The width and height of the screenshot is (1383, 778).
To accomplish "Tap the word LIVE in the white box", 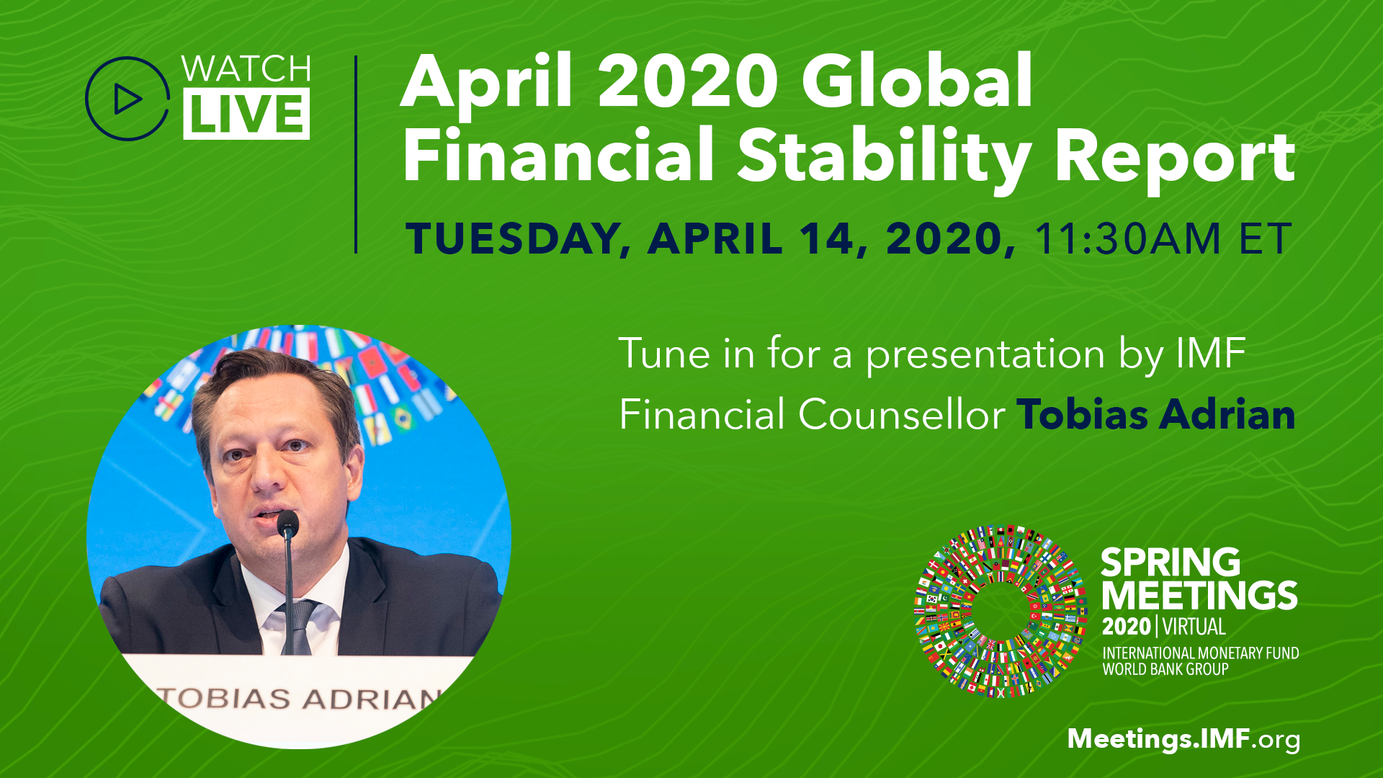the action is click(x=246, y=114).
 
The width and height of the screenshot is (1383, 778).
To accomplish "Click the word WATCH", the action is click(x=246, y=69).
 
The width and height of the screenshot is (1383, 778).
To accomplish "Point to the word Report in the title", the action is click(x=1175, y=158).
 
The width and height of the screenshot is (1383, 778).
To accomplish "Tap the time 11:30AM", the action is click(x=1127, y=238).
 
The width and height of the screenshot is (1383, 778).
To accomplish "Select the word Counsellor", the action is click(x=902, y=415).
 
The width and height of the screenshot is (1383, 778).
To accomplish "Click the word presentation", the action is click(x=985, y=354).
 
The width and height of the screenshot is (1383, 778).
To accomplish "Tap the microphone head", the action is click(x=287, y=523).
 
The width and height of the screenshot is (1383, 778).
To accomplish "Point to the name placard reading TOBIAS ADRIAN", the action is click(x=298, y=698).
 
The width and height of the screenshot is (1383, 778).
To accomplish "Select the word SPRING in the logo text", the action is click(x=1171, y=563).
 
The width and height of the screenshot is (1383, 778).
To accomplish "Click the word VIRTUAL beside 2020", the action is click(x=1194, y=627).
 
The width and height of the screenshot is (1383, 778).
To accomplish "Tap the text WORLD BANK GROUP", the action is click(x=1165, y=669).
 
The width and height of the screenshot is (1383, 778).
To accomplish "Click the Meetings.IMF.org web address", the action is click(x=1183, y=740).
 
